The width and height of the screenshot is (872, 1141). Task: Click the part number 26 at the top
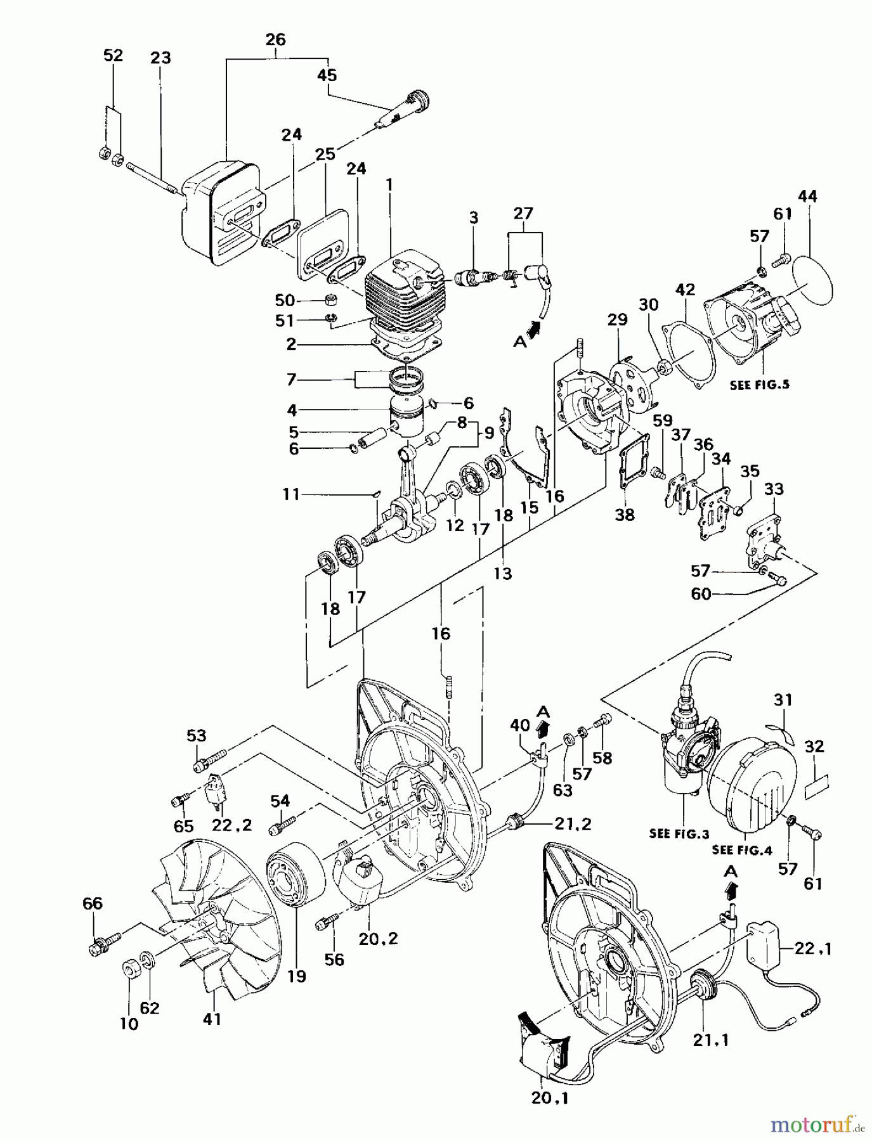pos(276,39)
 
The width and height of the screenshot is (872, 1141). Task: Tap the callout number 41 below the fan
pos(213,1018)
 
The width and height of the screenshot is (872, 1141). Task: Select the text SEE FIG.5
pos(760,385)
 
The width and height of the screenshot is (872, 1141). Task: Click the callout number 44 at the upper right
pos(807,196)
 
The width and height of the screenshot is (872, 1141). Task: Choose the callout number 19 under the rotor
pos(296,976)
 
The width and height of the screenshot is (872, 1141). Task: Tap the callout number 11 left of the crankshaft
pos(291,493)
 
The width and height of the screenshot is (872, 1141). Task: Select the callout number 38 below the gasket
pos(625,514)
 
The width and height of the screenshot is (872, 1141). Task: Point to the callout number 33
pos(774,489)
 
